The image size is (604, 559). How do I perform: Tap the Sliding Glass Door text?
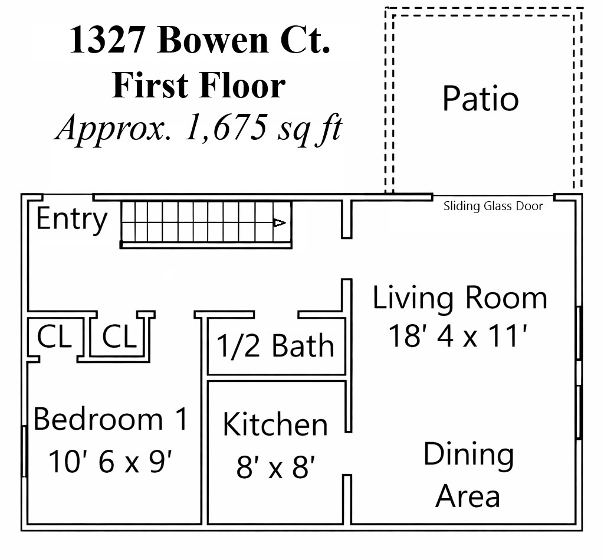point(493,206)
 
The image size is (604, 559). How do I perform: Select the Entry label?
point(71,220)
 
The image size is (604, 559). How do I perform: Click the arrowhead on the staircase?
point(280,223)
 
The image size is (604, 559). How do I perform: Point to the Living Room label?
point(460,298)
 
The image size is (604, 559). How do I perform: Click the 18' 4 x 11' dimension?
point(458,336)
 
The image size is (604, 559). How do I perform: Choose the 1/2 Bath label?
point(275,345)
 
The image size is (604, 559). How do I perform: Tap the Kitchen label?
point(275,424)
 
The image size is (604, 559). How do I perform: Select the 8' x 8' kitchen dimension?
point(275,467)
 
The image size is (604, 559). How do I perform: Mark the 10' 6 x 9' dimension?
point(110,462)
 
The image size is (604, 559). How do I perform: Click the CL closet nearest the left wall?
point(54,336)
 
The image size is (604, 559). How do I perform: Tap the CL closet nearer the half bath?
point(119,336)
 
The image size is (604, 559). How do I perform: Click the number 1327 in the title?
point(107,40)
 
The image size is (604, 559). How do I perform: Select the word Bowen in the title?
point(213,40)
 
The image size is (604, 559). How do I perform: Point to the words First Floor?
point(199,85)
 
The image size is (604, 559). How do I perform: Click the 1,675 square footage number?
point(226,127)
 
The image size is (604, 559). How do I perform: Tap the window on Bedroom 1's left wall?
point(24,451)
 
